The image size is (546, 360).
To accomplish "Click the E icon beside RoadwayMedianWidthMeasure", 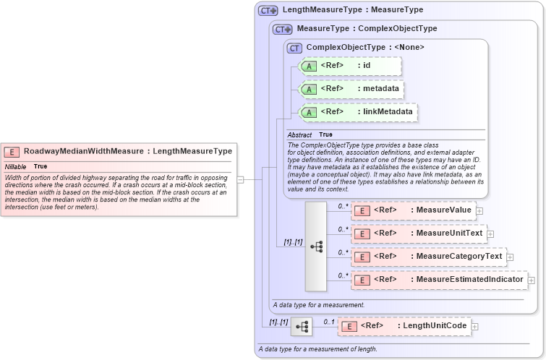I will point(12,152).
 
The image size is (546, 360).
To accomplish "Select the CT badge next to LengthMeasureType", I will point(268,11).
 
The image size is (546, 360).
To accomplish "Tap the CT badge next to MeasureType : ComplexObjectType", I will point(282,30).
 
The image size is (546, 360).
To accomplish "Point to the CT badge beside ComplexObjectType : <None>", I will point(294,48).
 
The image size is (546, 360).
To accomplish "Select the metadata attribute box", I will point(351,89).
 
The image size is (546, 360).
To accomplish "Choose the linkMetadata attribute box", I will point(359,112).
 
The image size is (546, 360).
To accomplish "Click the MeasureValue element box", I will point(412,210).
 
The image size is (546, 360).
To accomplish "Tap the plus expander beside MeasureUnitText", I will point(490,233).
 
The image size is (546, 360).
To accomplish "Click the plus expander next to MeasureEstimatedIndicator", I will point(531,280).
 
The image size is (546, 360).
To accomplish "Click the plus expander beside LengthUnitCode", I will point(474,327).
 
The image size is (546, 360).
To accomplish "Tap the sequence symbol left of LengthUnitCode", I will point(301,327).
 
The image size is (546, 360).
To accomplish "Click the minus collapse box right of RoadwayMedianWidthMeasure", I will point(240,180).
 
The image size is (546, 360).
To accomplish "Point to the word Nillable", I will point(15,166).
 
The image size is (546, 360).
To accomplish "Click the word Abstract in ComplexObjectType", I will point(299,135).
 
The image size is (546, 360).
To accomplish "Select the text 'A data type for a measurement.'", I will point(318,304).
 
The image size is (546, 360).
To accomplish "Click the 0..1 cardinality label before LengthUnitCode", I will point(328,321).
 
